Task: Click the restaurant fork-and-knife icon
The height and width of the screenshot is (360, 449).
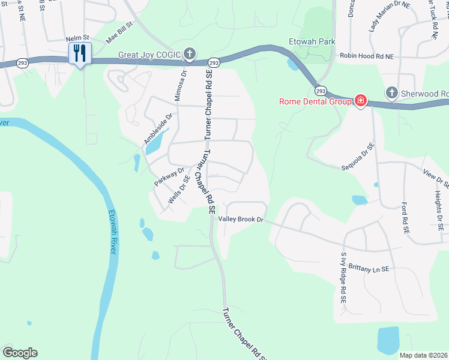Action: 80,53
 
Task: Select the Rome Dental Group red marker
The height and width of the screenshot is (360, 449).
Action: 361,101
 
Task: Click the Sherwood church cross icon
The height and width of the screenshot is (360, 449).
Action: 391,93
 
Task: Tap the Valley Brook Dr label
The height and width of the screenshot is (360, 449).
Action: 241,220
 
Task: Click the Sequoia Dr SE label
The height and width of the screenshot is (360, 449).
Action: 358,154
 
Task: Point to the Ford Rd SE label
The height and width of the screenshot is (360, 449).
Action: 406,218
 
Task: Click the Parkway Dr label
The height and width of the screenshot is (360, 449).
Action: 169,176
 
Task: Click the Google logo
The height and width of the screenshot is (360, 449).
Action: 19,353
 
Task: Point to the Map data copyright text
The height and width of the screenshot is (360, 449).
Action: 424,355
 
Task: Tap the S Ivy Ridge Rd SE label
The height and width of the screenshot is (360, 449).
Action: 343,278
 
